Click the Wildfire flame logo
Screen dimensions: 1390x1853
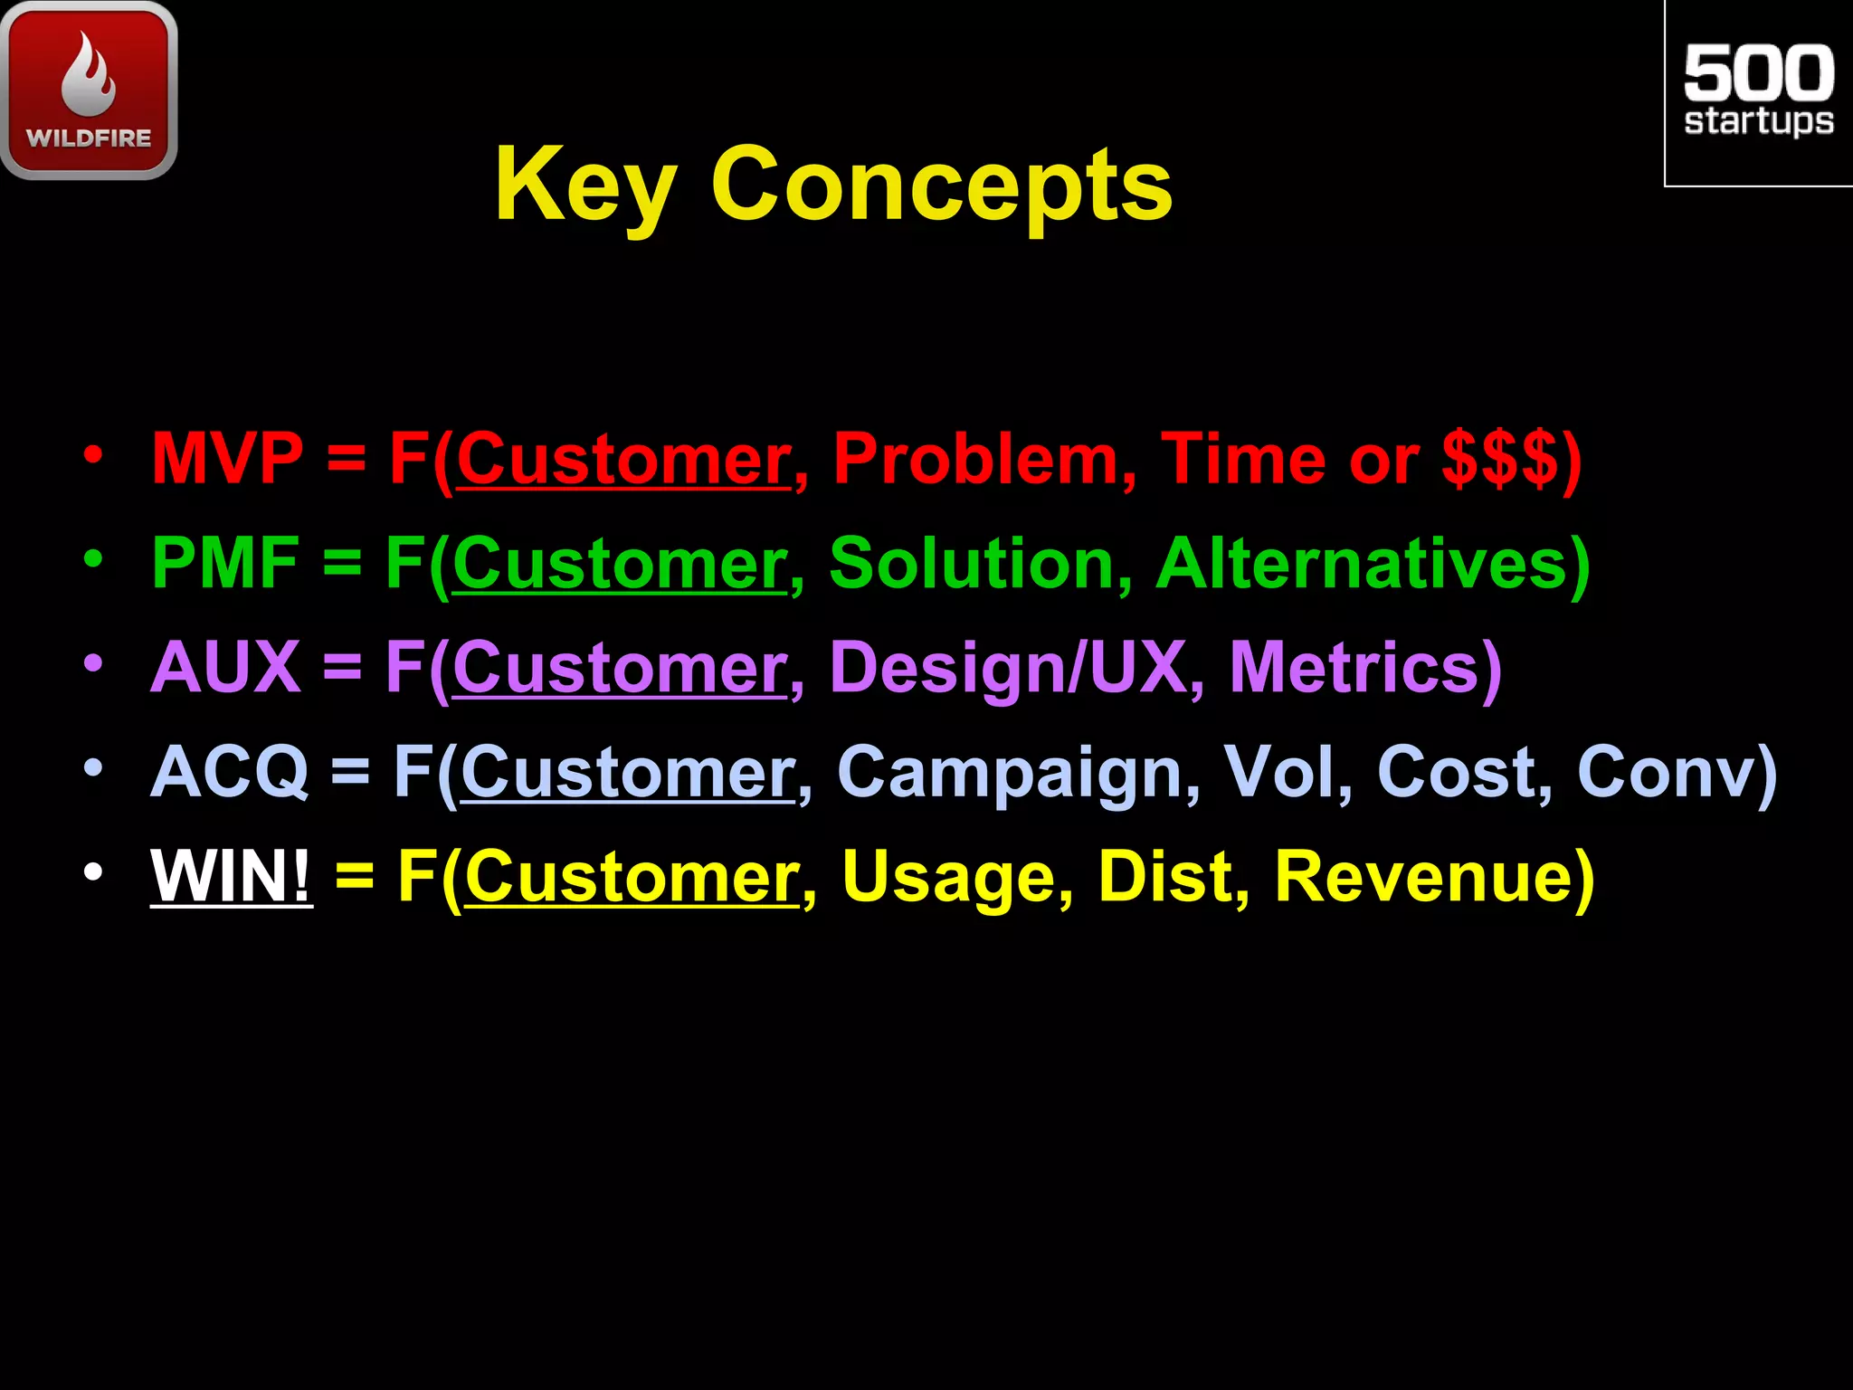point(89,89)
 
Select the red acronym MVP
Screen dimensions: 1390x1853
point(227,459)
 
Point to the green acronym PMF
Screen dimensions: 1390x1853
point(225,563)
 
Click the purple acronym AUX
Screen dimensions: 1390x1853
point(225,668)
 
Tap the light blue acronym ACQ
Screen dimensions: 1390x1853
point(230,772)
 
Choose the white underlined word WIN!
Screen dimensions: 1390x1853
point(231,876)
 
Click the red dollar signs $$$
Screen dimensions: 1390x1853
point(1500,459)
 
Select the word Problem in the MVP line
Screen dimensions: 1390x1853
point(975,459)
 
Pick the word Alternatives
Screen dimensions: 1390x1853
point(1362,563)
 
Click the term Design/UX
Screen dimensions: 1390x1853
point(1007,668)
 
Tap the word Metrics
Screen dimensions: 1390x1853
point(1354,668)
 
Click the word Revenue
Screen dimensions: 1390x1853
point(1423,876)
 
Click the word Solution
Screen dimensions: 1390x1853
point(970,563)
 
